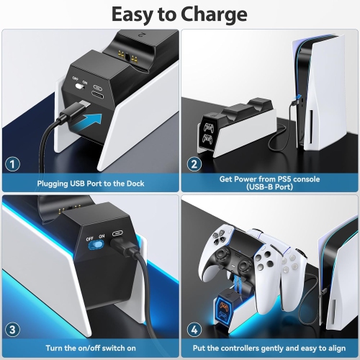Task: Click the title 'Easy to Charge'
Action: [x=180, y=14]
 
